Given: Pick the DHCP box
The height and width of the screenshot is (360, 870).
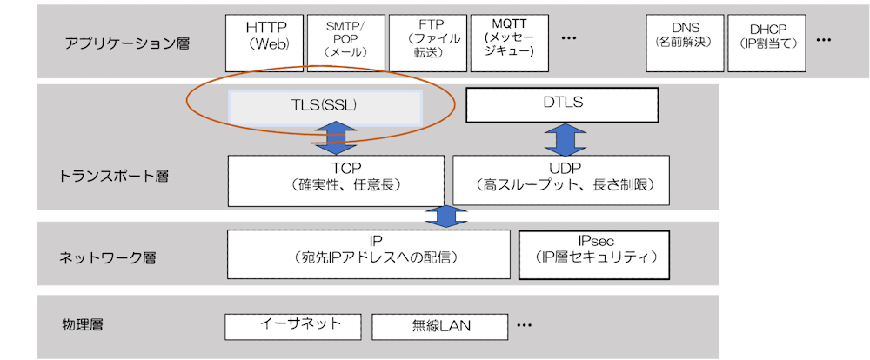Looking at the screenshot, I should (766, 42).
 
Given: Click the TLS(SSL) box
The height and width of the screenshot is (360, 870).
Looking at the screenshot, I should (325, 106).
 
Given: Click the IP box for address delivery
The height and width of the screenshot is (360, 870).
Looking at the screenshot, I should (369, 254).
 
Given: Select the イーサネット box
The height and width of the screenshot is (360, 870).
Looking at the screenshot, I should (293, 326).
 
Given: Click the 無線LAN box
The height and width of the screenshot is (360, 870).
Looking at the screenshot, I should (439, 327).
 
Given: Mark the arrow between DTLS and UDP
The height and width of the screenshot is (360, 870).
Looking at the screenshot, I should (562, 138).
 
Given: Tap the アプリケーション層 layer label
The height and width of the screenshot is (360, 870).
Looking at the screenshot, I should (127, 43).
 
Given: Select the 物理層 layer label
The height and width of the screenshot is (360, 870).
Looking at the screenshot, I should (83, 325).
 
